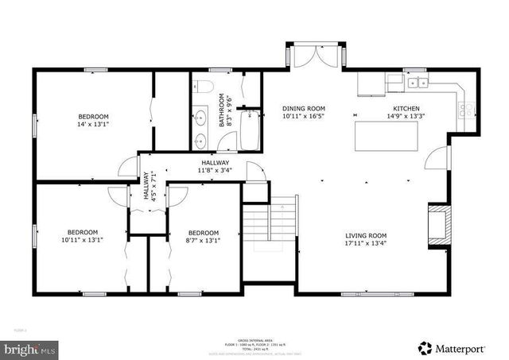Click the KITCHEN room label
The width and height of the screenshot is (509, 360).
tap(406, 108)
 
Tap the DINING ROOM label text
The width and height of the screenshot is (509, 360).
tap(305, 108)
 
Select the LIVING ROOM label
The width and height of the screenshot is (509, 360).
tap(365, 235)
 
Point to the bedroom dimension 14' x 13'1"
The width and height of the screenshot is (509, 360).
tap(93, 124)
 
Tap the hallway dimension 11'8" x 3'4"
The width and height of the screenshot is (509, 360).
tap(215, 170)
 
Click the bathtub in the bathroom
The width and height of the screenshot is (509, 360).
tap(251, 130)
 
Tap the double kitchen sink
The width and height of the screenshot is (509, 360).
tap(416, 82)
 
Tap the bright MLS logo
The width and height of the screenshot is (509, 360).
tap(30, 348)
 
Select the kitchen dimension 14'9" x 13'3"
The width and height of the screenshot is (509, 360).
tap(406, 116)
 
